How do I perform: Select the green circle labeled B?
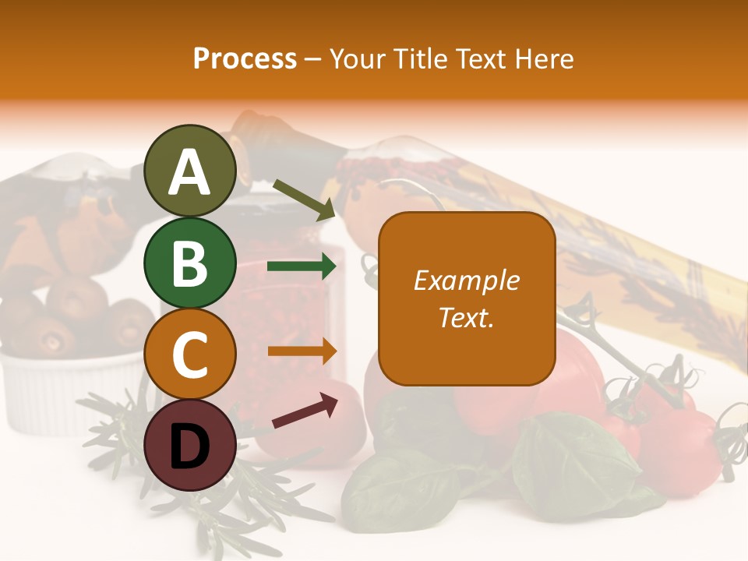[191, 263]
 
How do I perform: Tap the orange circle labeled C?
[191, 355]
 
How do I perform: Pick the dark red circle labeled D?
[191, 446]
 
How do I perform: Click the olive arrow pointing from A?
[304, 198]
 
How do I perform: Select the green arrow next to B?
[302, 266]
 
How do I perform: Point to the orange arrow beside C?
[302, 351]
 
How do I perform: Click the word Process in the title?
[245, 58]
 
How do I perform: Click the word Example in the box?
[466, 280]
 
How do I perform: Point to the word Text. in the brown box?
[466, 317]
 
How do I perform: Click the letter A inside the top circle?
[190, 172]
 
